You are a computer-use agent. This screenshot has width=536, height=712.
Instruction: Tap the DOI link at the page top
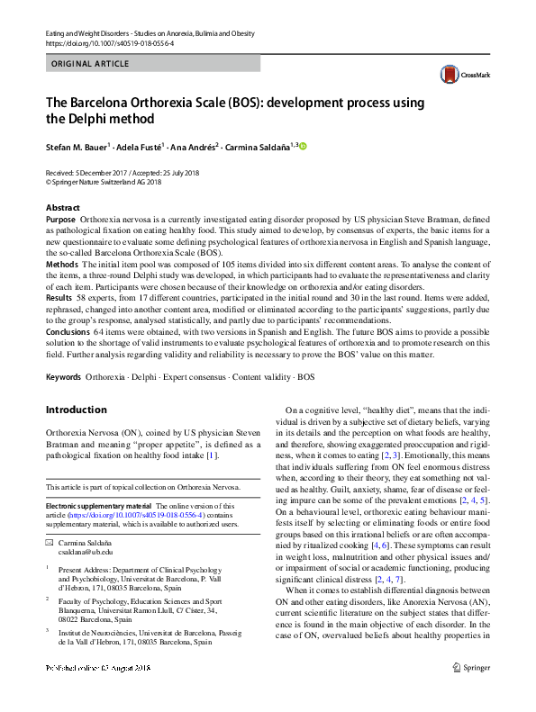[107, 42]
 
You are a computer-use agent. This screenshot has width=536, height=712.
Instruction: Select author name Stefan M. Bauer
[77, 147]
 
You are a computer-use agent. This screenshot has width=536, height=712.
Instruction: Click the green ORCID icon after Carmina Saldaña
[303, 147]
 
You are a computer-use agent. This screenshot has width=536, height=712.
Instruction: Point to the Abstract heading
[62, 208]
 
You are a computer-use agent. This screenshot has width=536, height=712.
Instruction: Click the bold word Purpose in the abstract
[60, 220]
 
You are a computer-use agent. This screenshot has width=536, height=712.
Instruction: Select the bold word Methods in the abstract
[61, 266]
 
